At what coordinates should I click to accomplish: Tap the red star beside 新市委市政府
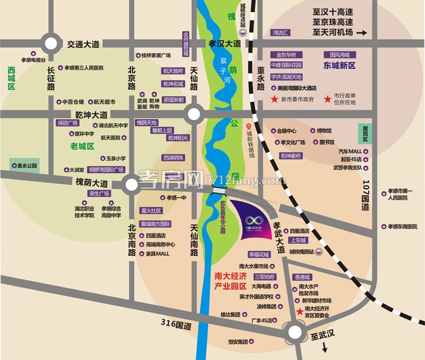pos(274,99)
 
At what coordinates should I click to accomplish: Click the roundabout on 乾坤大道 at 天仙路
pos(194,113)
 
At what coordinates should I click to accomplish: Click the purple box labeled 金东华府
pos(286,55)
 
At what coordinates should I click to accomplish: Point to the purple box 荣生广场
pos(99,194)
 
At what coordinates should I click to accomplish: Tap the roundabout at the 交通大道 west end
pos(52,44)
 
